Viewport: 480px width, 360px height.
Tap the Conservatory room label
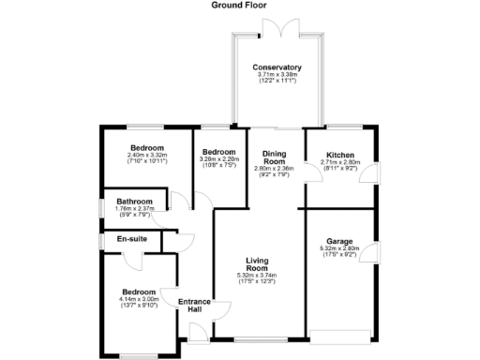point(277,67)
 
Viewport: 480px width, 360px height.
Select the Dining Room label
point(275,157)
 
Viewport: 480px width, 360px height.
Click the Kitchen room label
point(339,155)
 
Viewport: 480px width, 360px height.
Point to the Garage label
point(339,241)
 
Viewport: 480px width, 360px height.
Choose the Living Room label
point(258,264)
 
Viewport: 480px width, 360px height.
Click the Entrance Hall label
point(195,304)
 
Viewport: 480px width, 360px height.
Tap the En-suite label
point(131,239)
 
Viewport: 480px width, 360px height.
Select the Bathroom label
point(133,202)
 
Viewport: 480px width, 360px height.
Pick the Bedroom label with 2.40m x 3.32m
point(147,148)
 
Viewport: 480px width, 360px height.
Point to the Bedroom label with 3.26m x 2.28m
point(217,152)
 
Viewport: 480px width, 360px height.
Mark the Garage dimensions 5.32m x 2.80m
point(339,251)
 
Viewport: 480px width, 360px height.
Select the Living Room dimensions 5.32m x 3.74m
point(258,278)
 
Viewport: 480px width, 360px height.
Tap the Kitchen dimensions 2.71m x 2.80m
point(339,165)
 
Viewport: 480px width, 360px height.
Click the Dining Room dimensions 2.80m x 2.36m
point(275,172)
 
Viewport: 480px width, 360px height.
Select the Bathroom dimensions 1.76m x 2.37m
point(133,211)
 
